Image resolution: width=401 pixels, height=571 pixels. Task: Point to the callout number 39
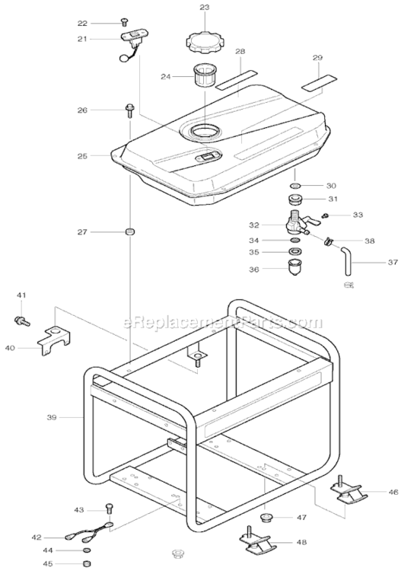(52, 417)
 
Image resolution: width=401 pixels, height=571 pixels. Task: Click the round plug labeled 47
(266, 518)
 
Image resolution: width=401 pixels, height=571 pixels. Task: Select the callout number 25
(83, 155)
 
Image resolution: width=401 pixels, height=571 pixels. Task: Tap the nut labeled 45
(85, 563)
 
